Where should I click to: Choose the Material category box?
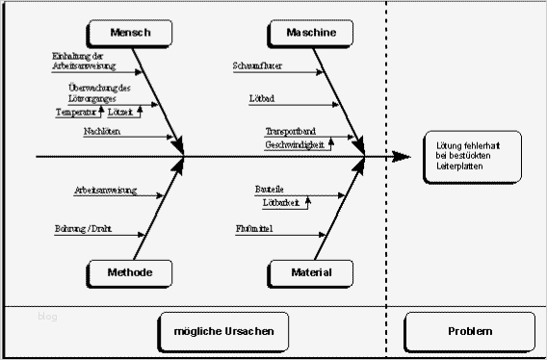coord(311,273)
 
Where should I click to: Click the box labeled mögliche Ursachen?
coord(223,331)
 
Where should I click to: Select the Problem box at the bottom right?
coord(469,331)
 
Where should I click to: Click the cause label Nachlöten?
coord(102,131)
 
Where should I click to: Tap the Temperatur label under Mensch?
coord(76,112)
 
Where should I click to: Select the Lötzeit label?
coord(119,112)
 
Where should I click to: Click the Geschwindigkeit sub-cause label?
coord(295,144)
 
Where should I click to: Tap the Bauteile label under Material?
coord(270,189)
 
